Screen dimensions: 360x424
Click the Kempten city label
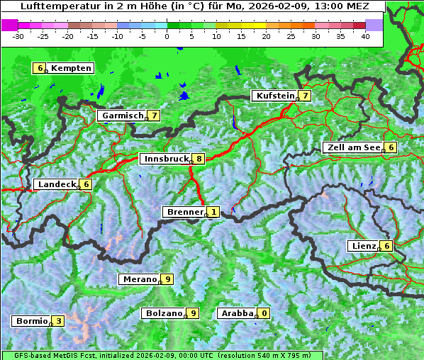click(x=72, y=68)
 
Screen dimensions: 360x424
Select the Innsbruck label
click(x=165, y=159)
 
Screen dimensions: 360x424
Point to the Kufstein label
click(x=274, y=96)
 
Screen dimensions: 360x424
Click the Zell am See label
click(x=353, y=147)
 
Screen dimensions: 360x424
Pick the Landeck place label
click(x=57, y=184)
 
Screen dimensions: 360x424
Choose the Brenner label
click(x=184, y=212)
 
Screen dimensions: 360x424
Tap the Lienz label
click(x=363, y=246)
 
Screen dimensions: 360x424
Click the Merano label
click(x=139, y=279)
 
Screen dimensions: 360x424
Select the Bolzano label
click(x=164, y=313)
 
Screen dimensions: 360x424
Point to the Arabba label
click(x=237, y=313)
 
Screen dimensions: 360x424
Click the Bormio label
click(x=31, y=321)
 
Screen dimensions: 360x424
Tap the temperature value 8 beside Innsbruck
click(x=200, y=159)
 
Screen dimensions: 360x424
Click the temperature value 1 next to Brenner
click(x=213, y=212)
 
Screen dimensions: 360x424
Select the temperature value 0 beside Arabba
click(x=264, y=313)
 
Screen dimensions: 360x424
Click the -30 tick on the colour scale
click(x=18, y=35)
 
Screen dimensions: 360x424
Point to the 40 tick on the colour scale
click(x=365, y=35)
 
